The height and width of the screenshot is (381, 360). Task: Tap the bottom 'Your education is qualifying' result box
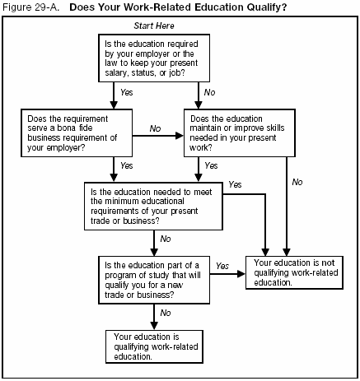(x=152, y=346)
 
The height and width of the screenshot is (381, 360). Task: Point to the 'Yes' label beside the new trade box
(x=222, y=266)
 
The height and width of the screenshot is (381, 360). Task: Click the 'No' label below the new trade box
(x=166, y=313)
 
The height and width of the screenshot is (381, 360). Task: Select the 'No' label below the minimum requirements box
(x=166, y=239)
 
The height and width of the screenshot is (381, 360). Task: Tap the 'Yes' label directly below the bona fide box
(x=126, y=165)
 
